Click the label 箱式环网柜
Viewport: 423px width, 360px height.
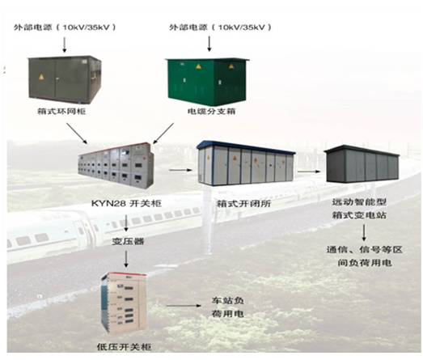[61, 111]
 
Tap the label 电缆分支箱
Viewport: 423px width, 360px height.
[212, 111]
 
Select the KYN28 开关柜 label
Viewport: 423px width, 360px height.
[126, 203]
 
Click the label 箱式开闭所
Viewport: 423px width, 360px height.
[244, 204]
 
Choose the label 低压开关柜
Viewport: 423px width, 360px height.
[124, 346]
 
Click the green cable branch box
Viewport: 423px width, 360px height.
[207, 81]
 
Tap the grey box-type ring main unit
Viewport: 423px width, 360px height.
[65, 79]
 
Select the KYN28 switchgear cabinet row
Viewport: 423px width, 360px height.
[116, 165]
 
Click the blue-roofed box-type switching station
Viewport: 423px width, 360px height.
[246, 163]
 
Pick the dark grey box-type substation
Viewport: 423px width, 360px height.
[362, 164]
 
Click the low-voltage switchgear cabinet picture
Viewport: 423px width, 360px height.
[124, 303]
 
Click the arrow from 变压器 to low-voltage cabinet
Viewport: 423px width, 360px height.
[126, 259]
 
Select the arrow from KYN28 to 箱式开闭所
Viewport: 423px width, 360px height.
[180, 170]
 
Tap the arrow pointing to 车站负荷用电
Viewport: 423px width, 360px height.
[184, 306]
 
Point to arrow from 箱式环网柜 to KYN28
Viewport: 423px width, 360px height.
[77, 133]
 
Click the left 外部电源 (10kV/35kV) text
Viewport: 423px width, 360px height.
[65, 28]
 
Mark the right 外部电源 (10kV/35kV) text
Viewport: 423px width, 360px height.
[221, 28]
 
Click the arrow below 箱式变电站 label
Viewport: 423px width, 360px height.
[364, 233]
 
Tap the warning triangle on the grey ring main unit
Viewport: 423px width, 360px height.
[41, 77]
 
